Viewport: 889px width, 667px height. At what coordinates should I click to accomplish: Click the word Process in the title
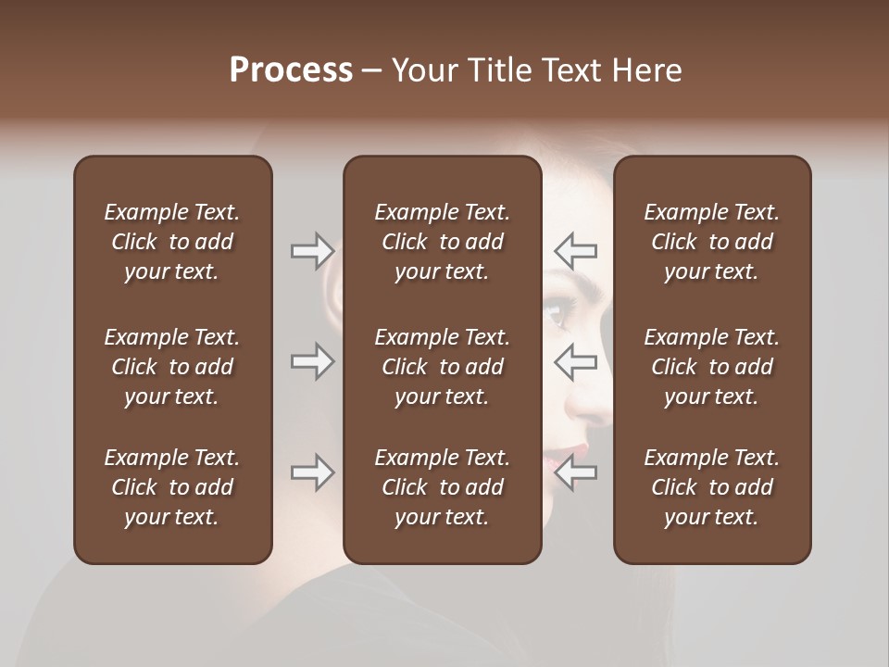(291, 70)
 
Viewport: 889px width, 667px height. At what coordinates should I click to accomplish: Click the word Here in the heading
(646, 70)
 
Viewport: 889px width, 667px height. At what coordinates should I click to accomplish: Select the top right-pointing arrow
(312, 250)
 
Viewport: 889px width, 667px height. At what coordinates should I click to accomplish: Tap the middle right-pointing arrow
(312, 361)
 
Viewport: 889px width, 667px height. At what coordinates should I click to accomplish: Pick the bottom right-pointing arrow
(312, 472)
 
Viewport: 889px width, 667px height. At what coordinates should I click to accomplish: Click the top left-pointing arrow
(575, 250)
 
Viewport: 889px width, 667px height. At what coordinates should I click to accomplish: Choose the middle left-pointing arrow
(575, 361)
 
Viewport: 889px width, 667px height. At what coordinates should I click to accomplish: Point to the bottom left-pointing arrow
(575, 472)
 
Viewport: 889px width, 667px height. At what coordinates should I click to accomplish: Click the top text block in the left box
(172, 242)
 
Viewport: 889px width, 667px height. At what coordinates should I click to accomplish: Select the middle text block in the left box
(172, 367)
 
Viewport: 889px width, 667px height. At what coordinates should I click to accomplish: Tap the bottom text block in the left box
(172, 487)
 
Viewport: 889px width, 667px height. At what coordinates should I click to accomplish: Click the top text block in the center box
(442, 242)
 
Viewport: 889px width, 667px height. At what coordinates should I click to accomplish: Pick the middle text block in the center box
(442, 367)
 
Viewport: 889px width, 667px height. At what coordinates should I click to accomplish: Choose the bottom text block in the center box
(442, 487)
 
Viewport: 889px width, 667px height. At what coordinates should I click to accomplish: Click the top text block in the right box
(711, 242)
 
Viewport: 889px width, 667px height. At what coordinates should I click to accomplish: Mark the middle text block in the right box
(711, 367)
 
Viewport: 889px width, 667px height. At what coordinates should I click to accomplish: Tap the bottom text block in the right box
(711, 487)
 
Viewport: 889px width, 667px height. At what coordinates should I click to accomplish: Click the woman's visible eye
(557, 315)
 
